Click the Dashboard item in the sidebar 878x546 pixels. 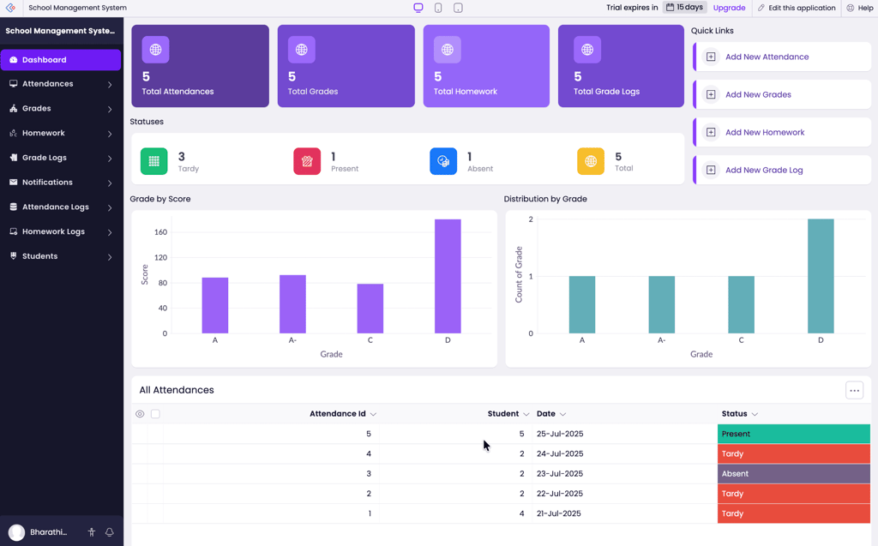point(60,60)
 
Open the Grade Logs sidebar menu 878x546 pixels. point(60,158)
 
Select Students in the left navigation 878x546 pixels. point(60,256)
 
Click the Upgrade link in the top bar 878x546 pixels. point(729,8)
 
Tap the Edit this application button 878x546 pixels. point(796,8)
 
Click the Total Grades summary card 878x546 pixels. point(346,66)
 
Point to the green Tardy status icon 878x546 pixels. point(154,161)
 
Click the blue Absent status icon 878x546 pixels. point(443,161)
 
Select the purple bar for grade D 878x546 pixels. point(448,276)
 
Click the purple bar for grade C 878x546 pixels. point(370,309)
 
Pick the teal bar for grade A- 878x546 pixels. point(661,304)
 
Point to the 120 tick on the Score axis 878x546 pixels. point(160,257)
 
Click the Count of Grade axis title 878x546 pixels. point(519,274)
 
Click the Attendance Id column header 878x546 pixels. point(338,414)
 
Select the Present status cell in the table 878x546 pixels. point(793,434)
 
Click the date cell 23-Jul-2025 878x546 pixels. point(560,474)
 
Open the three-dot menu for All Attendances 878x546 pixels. point(854,390)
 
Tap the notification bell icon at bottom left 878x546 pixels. point(110,532)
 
